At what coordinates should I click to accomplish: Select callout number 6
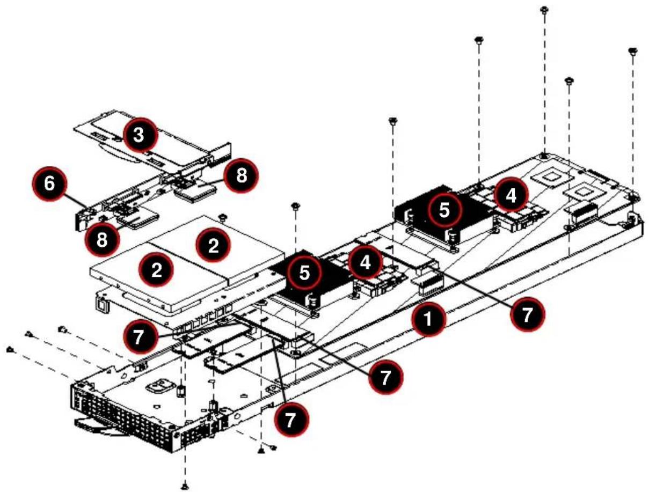(49, 184)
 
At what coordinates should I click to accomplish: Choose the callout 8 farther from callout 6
(241, 176)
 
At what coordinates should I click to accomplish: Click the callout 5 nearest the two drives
(304, 273)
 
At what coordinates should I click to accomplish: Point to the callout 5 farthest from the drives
(444, 210)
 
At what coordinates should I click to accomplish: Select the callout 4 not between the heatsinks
(511, 195)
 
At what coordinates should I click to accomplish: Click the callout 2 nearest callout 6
(156, 269)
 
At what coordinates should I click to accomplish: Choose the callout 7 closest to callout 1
(527, 315)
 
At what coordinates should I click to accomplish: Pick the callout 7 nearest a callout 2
(140, 337)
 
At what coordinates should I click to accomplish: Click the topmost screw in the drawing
(543, 10)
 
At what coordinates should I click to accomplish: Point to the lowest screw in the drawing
(185, 487)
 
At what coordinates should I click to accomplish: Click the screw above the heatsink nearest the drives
(295, 206)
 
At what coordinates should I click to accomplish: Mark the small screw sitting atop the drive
(223, 218)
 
